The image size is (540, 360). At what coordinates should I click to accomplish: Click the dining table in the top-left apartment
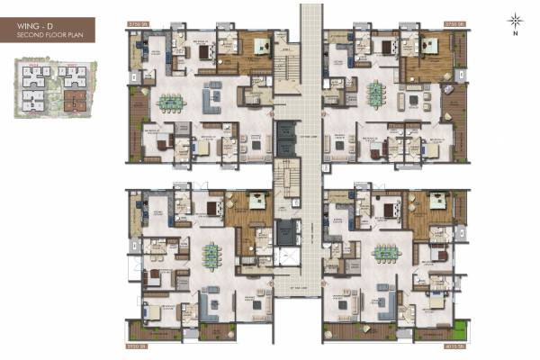coord(169,101)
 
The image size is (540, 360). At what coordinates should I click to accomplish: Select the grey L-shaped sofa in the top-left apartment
coord(216,94)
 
